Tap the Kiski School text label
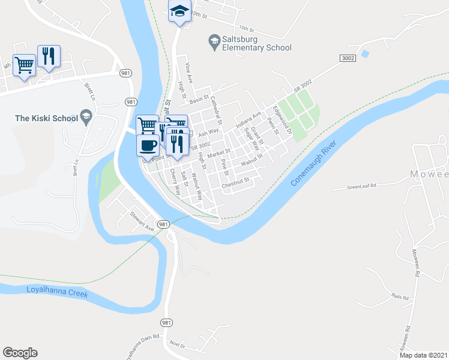point(46,118)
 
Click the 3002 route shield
point(347,58)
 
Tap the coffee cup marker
point(148,145)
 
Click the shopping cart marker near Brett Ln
point(24,64)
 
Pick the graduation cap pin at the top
point(179,12)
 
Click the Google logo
point(20,352)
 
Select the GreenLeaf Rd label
point(361,187)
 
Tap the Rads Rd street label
point(399,297)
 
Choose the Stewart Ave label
point(142,218)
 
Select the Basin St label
point(200,97)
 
